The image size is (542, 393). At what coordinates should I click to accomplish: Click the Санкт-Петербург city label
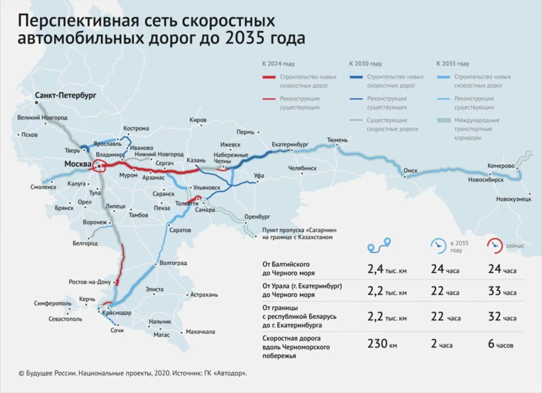pyautogui.click(x=66, y=96)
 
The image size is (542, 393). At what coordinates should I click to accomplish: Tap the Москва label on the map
pyautogui.click(x=77, y=164)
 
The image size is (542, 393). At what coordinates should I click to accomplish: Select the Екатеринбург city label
pyautogui.click(x=290, y=144)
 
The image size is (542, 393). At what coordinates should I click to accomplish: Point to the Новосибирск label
pyautogui.click(x=486, y=180)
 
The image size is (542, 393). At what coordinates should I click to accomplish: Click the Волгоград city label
pyautogui.click(x=173, y=263)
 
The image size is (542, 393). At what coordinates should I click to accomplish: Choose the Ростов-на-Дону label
pyautogui.click(x=89, y=282)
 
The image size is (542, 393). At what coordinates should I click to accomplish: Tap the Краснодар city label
pyautogui.click(x=117, y=313)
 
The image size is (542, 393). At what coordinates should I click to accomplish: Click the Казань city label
pyautogui.click(x=196, y=160)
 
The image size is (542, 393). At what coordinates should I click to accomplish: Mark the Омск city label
pyautogui.click(x=410, y=171)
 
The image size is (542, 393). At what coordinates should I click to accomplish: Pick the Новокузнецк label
pyautogui.click(x=514, y=199)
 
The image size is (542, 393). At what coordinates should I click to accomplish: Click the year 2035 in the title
pyautogui.click(x=245, y=38)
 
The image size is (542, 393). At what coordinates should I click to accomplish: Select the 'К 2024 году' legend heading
pyautogui.click(x=278, y=64)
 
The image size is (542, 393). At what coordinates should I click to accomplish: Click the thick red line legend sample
pyautogui.click(x=269, y=77)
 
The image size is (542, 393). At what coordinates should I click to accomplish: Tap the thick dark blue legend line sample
pyautogui.click(x=357, y=77)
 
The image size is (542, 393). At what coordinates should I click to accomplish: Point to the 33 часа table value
pyautogui.click(x=502, y=291)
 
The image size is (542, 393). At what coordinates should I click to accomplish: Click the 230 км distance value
pyautogui.click(x=382, y=344)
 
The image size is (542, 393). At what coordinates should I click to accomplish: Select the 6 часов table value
pyautogui.click(x=501, y=344)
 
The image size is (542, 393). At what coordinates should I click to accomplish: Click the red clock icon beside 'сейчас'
pyautogui.click(x=494, y=245)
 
